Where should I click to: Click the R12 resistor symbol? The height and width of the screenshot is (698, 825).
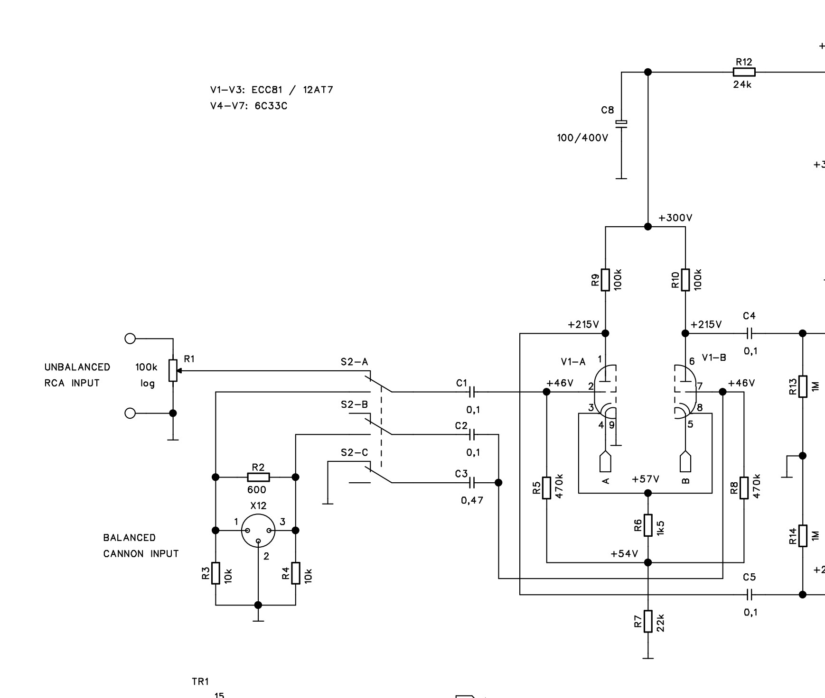point(744,72)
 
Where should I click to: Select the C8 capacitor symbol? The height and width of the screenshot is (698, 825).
point(621,124)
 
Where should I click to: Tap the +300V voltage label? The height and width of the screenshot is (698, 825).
point(675,218)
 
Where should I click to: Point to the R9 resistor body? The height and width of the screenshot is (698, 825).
point(605,280)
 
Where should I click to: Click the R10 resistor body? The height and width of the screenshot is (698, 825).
point(685,280)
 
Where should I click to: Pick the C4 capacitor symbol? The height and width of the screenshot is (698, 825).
point(750,333)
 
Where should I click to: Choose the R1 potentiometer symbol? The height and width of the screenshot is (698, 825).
point(173,370)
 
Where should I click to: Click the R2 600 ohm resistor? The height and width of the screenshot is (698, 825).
point(258,477)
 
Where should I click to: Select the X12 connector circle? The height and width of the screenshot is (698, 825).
point(258,531)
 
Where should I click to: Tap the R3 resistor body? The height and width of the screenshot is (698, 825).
point(216,573)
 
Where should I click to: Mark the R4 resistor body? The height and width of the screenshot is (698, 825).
point(296,573)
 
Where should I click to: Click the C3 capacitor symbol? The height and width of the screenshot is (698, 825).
point(471,483)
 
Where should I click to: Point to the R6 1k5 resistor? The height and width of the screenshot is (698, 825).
point(648,525)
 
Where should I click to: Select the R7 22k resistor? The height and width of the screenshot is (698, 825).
point(648,621)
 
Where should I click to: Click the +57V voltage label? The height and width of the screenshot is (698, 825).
point(645,479)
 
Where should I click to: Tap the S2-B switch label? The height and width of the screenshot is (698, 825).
point(354,404)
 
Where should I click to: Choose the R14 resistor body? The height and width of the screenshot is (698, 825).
point(803,536)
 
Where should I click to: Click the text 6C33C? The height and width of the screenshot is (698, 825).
point(271,106)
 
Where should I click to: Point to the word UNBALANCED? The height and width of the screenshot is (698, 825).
point(77,367)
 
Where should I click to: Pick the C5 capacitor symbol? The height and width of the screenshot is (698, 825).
point(750,595)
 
